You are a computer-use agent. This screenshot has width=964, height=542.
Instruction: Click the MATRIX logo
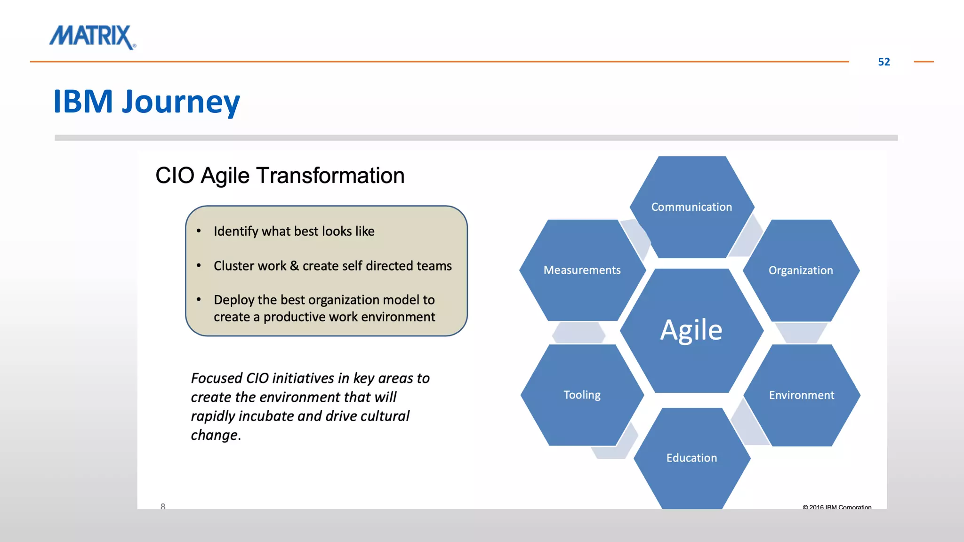point(93,37)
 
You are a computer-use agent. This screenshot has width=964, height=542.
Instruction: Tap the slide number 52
point(884,62)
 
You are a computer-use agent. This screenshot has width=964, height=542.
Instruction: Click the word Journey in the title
point(181,102)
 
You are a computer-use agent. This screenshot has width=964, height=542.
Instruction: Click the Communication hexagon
point(691,207)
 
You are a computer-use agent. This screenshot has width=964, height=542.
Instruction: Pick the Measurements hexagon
point(582,270)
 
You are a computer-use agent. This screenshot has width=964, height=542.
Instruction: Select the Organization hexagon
point(801,271)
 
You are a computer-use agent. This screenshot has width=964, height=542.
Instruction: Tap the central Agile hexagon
point(691,330)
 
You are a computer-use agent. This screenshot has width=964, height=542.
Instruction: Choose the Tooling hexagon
point(582,395)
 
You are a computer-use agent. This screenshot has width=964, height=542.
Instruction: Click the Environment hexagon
point(801,395)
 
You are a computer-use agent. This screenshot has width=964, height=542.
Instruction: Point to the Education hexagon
point(691,458)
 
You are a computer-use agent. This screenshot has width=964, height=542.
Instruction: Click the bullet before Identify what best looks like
point(199,231)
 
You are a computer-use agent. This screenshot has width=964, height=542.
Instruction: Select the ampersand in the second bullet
point(294,266)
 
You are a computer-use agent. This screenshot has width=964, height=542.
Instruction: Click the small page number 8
point(163,506)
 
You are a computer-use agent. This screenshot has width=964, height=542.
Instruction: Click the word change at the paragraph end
point(214,435)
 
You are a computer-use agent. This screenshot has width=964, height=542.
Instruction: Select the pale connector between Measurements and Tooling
point(578,333)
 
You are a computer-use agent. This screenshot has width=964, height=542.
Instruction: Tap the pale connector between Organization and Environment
point(801,332)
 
